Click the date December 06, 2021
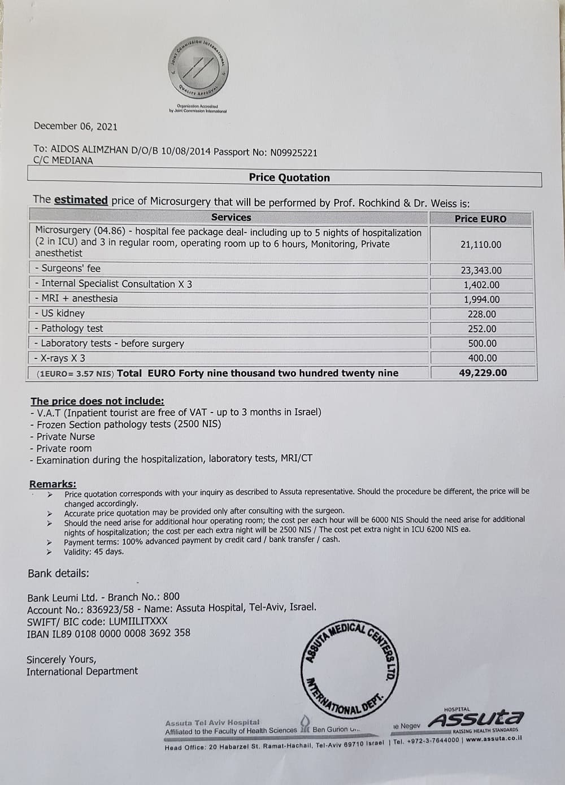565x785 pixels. click(75, 127)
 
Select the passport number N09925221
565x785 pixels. click(294, 153)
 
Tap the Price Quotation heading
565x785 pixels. click(289, 177)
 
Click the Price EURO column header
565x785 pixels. click(480, 219)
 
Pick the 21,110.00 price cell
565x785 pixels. click(481, 245)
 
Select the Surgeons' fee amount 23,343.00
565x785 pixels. click(481, 271)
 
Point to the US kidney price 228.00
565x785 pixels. click(481, 314)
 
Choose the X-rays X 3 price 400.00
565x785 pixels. click(482, 358)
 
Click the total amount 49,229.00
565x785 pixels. click(482, 373)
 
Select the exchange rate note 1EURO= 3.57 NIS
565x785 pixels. click(75, 374)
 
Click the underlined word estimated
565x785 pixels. click(81, 200)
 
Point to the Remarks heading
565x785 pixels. click(53, 484)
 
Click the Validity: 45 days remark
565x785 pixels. click(94, 552)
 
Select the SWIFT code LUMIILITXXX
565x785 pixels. click(129, 621)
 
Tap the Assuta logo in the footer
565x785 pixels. click(476, 719)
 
